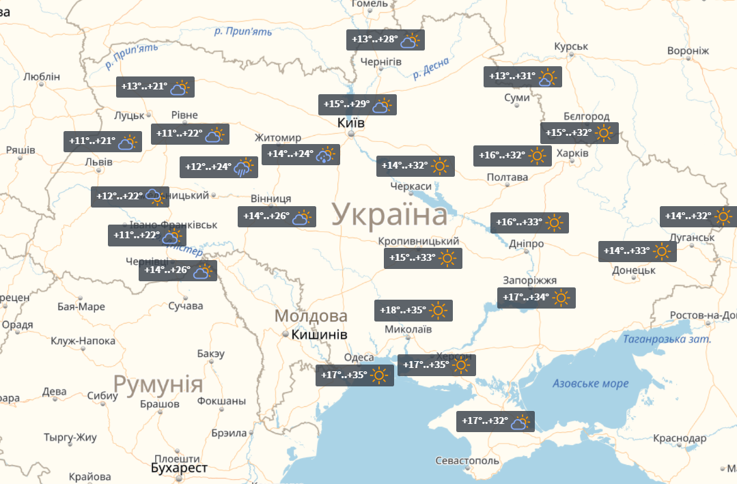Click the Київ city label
pos(351,124)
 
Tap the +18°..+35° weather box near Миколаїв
pos(414,311)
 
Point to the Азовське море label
pos(591,384)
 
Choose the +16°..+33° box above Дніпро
pos(529,223)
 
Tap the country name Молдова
pos(311,317)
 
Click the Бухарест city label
pos(179,468)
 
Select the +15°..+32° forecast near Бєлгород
pos(579,132)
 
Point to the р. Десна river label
pos(431,68)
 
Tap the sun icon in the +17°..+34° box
pos(561,298)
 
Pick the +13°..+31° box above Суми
pos(523,76)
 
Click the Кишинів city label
pos(319,335)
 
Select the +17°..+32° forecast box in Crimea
pos(495,421)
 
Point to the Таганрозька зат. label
pos(667,339)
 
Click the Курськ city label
pos(571,46)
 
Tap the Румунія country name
pos(158,385)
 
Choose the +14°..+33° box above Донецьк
pos(637,251)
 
